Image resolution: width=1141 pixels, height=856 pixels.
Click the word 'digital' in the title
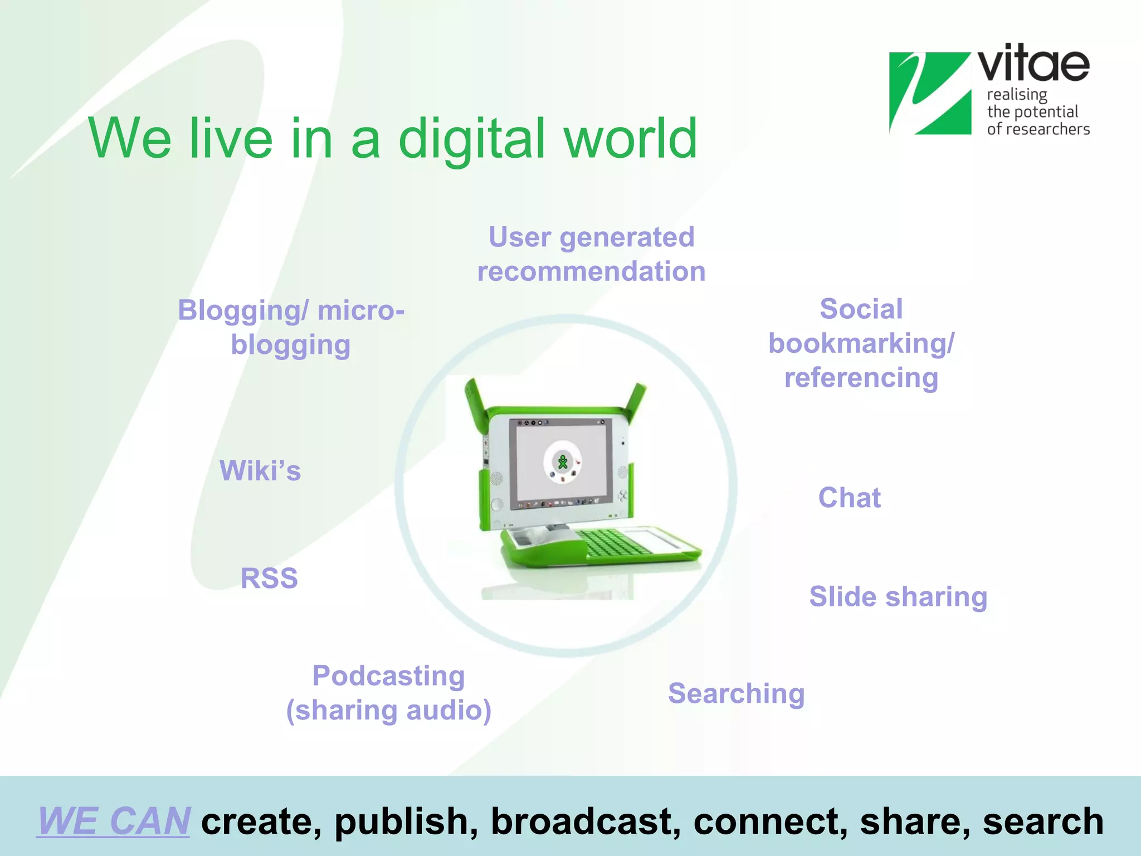pos(471,139)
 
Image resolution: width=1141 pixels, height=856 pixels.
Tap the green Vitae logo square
pos(929,94)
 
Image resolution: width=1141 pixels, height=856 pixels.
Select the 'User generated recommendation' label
pos(591,254)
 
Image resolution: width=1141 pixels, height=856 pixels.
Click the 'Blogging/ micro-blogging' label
pos(291,327)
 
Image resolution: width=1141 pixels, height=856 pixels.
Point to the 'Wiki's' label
pos(260,471)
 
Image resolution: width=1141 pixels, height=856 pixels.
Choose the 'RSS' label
pos(269,578)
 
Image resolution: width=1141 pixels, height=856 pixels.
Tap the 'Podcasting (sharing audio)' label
pos(389,693)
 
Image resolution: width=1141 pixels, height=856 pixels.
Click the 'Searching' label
pos(736,694)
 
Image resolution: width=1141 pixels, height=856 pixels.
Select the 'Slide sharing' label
pos(898,597)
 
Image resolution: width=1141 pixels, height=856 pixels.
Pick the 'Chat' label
pos(849,498)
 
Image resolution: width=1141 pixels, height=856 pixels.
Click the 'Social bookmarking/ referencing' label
pos(861,343)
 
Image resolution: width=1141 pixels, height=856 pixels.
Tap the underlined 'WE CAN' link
pos(114,821)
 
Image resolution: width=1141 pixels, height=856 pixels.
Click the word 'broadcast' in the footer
pos(586,821)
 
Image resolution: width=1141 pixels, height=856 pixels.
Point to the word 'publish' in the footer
pos(406,821)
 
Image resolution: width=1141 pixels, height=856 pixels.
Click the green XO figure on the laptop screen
pos(563,462)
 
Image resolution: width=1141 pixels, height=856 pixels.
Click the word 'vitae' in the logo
pos(1033,64)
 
